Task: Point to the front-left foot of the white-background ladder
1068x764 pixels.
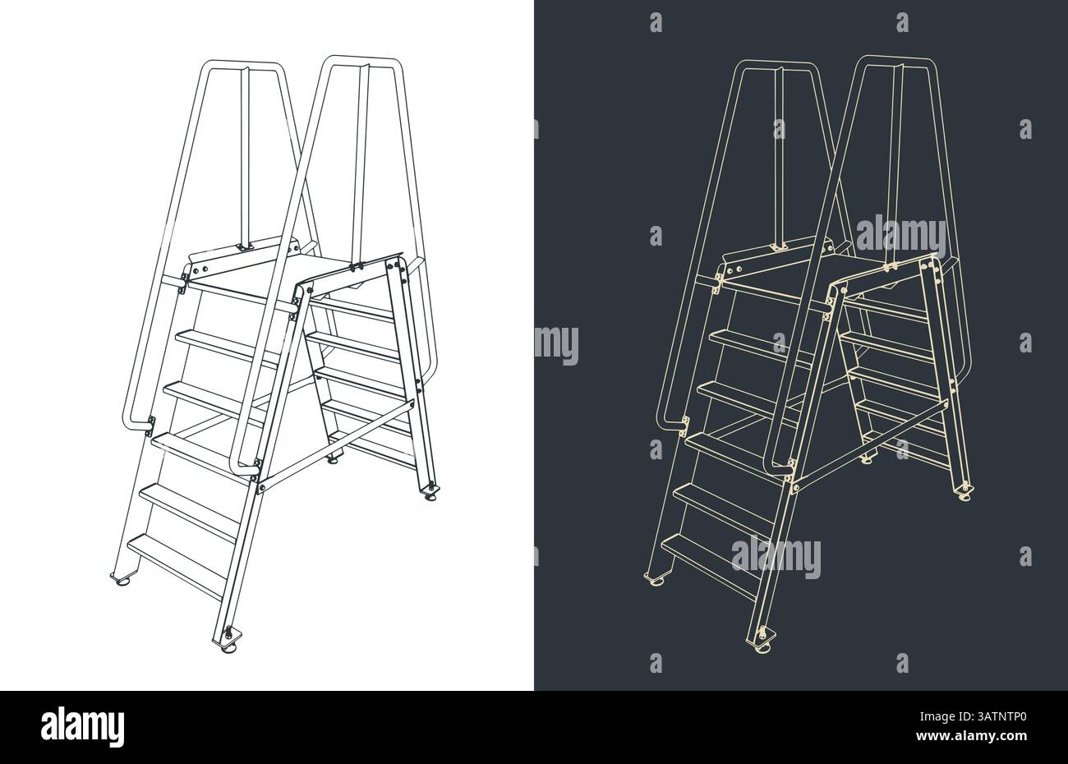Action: [x=122, y=581]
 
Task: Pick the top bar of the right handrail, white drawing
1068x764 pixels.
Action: [x=361, y=60]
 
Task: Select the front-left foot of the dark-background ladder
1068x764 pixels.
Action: [x=656, y=581]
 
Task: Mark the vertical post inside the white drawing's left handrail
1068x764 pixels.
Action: [x=244, y=156]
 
